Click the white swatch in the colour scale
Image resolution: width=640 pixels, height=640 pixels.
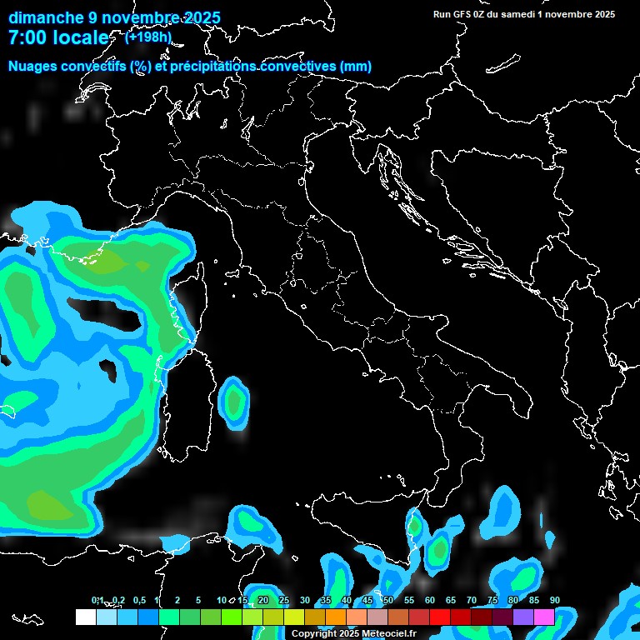pyautogui.click(x=86, y=617)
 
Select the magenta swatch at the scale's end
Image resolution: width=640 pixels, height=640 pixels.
pyautogui.click(x=544, y=617)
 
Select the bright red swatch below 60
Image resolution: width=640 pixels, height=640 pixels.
pyautogui.click(x=440, y=617)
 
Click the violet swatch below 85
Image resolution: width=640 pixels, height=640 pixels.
pyautogui.click(x=523, y=617)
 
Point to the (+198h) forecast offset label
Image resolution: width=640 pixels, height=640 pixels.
pyautogui.click(x=148, y=37)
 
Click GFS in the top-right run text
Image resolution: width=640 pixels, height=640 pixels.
pyautogui.click(x=462, y=14)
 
